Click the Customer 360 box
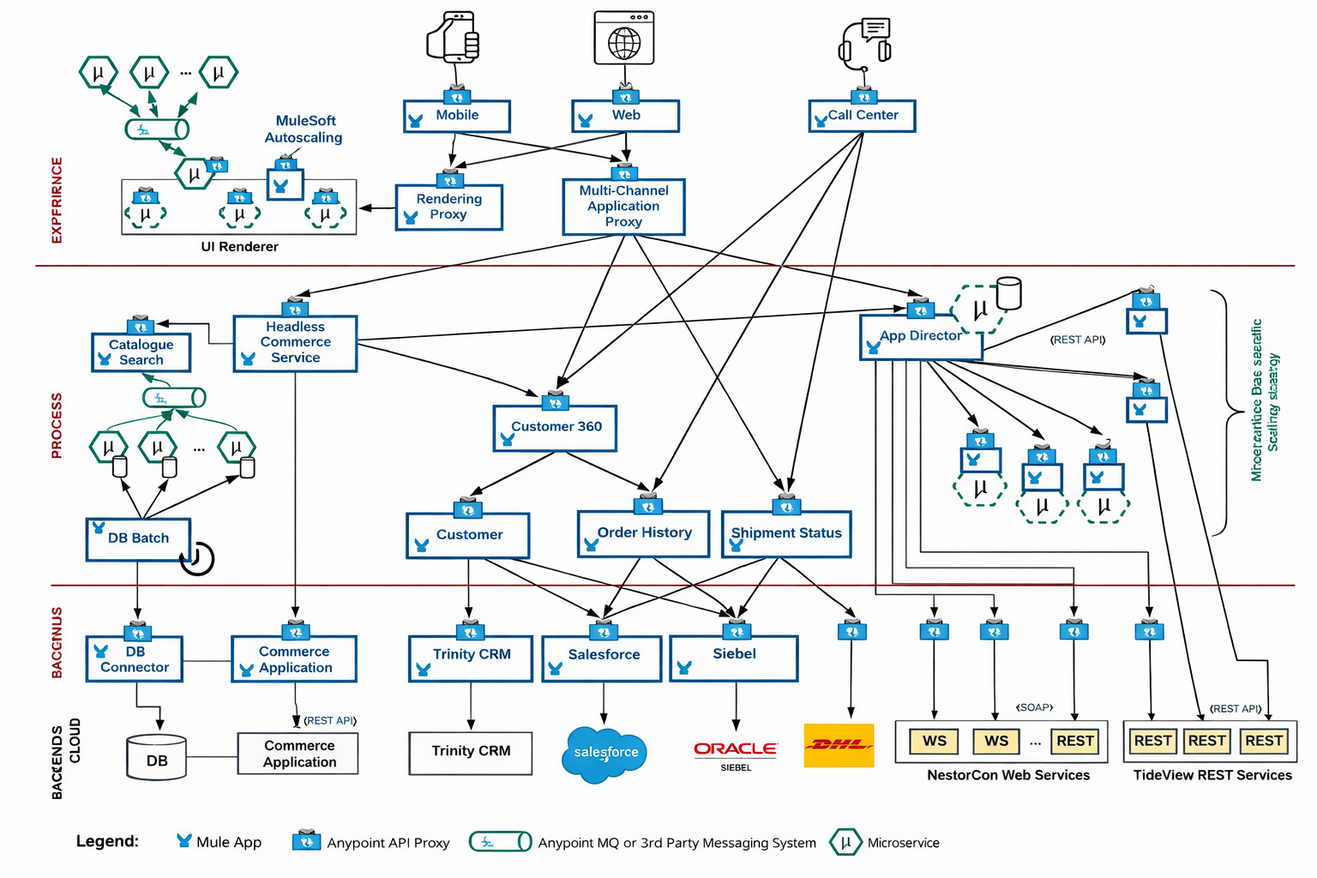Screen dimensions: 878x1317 555,428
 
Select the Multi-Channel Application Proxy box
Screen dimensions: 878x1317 623,207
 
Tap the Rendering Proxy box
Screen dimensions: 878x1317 448,207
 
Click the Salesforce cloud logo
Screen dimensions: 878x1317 605,754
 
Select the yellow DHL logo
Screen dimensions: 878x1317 839,745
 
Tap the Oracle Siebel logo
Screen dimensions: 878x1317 736,752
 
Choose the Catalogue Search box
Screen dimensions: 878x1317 141,352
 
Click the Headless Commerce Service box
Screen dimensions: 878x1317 295,343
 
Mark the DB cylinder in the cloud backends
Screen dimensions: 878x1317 156,757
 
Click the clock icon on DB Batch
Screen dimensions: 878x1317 197,558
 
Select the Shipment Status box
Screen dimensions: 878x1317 786,534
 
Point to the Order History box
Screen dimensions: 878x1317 644,533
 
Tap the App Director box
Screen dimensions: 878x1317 920,337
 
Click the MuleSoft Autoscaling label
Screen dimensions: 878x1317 304,129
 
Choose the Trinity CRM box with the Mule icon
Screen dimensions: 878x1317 471,658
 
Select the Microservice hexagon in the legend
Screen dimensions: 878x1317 845,842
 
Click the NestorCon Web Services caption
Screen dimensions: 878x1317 1008,775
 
